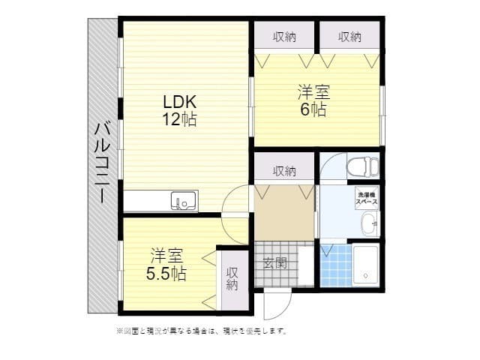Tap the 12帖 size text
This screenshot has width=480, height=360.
pyautogui.click(x=178, y=119)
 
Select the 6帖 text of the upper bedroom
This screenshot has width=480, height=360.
pyautogui.click(x=313, y=109)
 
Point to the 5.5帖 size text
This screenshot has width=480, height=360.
pyautogui.click(x=166, y=273)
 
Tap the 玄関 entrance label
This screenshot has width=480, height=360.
pyautogui.click(x=274, y=262)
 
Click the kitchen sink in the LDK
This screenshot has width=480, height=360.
pyautogui.click(x=184, y=201)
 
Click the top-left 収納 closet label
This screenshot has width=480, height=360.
pyautogui.click(x=283, y=36)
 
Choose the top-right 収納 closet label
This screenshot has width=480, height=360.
pyautogui.click(x=349, y=36)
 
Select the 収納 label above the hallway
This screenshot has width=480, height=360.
pyautogui.click(x=283, y=171)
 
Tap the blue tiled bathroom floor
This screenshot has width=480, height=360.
pyautogui.click(x=334, y=265)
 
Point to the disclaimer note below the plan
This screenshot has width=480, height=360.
pyautogui.click(x=201, y=330)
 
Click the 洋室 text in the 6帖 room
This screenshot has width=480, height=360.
pyautogui.click(x=313, y=93)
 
